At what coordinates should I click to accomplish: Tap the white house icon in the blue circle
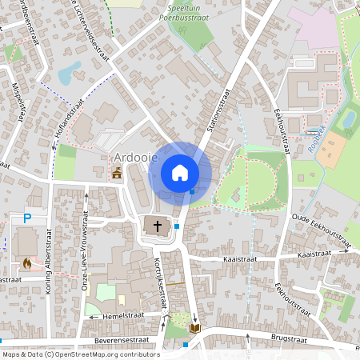point(180,173)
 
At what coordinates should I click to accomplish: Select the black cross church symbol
point(158,226)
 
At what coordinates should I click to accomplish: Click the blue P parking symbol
point(26,218)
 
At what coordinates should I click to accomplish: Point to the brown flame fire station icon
point(26,262)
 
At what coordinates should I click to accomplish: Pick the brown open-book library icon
point(195,328)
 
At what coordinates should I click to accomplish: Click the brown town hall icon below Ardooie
point(117,173)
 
